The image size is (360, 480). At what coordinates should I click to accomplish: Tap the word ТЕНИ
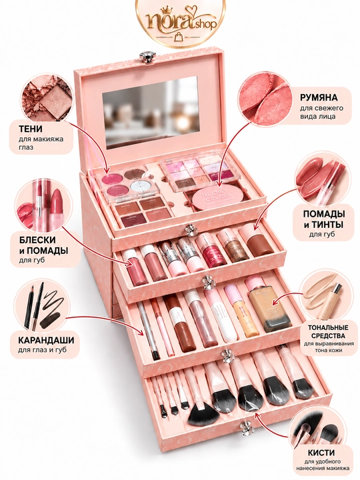pos(30,129)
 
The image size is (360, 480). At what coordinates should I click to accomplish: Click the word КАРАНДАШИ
pos(46,340)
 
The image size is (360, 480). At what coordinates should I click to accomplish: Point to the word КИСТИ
pos(321,453)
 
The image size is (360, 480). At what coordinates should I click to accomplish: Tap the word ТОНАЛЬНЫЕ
pos(328,327)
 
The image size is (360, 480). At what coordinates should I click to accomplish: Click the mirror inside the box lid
pos(146,113)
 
